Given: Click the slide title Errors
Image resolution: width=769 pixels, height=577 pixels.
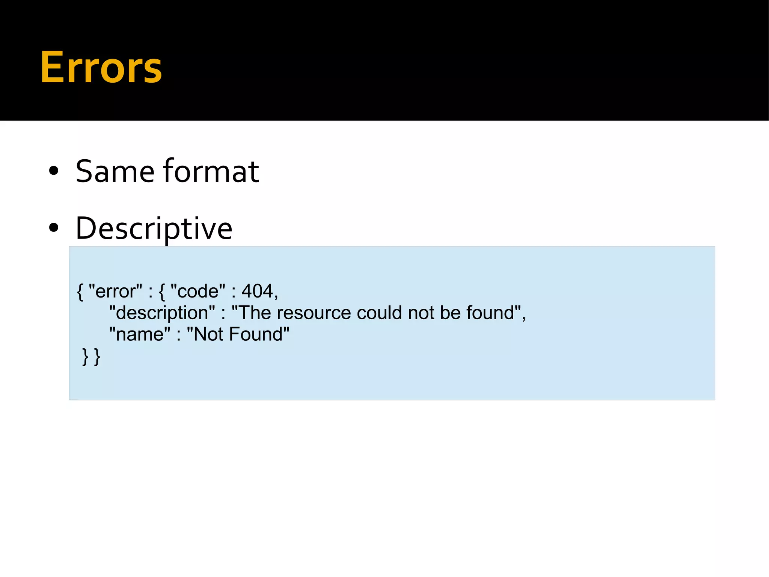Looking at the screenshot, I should [101, 68].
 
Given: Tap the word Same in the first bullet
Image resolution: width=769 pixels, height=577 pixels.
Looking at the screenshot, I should [115, 171].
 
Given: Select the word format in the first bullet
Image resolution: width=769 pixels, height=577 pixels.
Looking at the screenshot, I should [211, 171].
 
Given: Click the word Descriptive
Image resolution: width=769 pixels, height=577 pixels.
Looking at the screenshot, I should [154, 228].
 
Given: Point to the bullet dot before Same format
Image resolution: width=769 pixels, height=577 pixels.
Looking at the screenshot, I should [54, 171].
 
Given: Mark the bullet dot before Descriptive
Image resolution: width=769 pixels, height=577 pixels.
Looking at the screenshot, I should [54, 228].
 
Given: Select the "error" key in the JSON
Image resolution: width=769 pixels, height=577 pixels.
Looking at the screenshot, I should [115, 291].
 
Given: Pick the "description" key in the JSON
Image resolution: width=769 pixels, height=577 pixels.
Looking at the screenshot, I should [162, 313].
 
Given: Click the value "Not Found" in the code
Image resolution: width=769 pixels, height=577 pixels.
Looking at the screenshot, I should [238, 334].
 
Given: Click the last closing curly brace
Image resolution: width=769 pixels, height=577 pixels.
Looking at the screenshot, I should [97, 356].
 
